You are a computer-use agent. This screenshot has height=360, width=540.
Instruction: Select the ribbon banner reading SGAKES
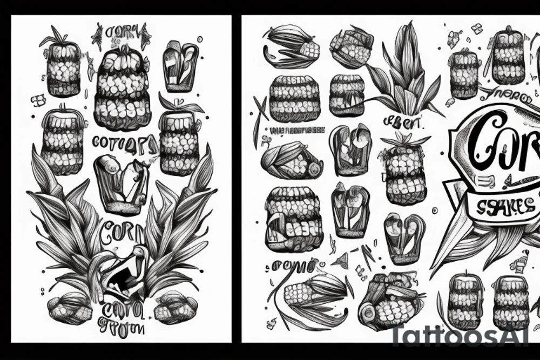point(500,207)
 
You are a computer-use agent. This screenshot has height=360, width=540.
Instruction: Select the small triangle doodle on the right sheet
point(340,262)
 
